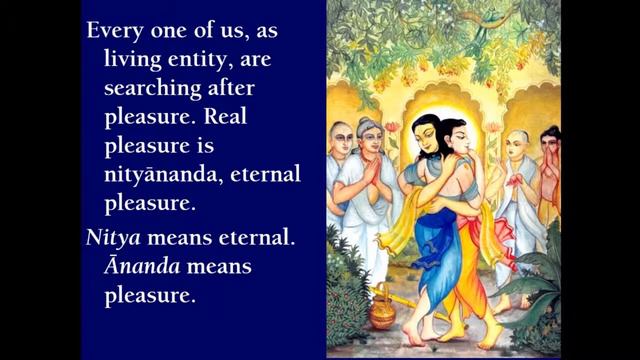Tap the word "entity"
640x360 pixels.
[206, 59]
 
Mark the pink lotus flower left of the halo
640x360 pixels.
[392, 128]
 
